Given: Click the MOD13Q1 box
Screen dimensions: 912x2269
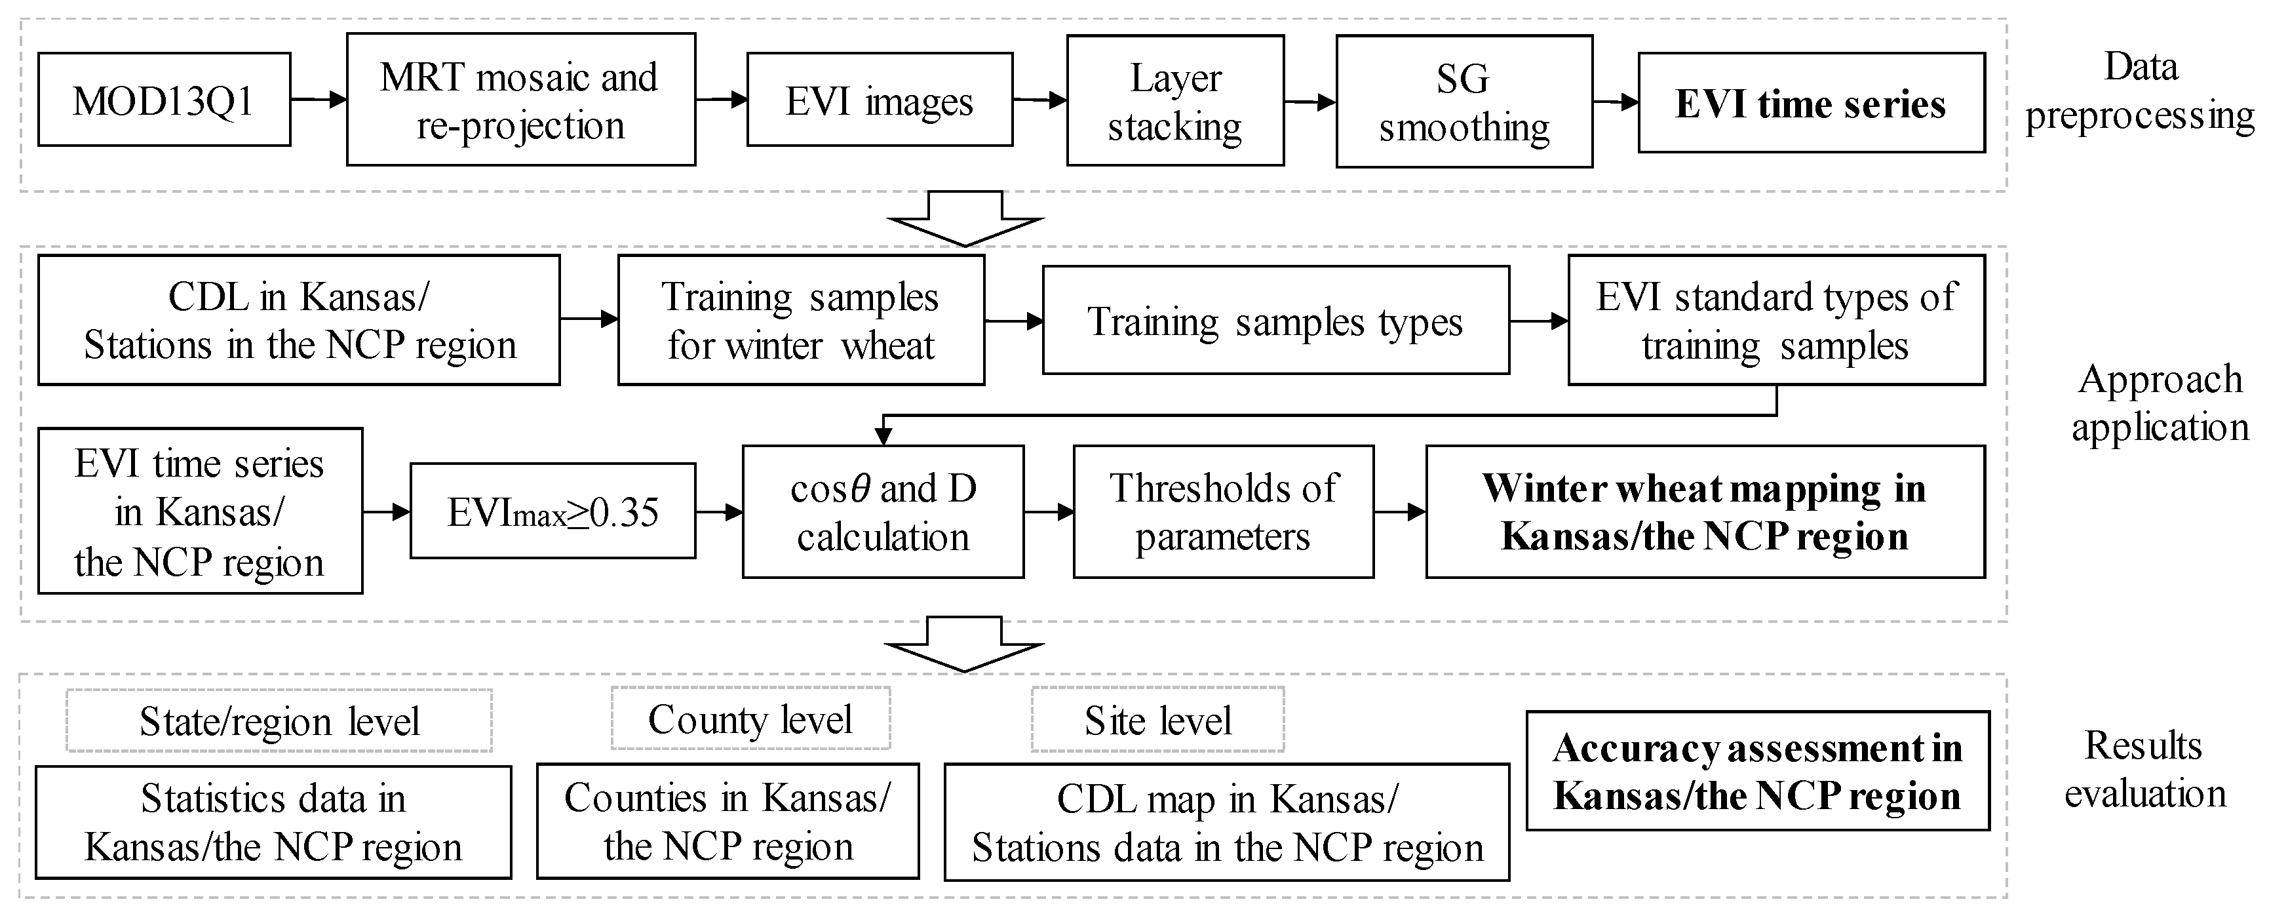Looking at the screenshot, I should click(x=164, y=100).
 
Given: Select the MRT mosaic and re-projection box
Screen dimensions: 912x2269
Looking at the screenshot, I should click(x=520, y=100).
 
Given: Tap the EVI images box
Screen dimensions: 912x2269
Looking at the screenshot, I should click(x=879, y=100).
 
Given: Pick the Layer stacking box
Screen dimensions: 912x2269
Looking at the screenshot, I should click(x=1175, y=100).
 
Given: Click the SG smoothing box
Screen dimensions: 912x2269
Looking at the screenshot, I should click(x=1464, y=102).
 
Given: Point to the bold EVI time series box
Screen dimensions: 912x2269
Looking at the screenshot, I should click(x=1811, y=103).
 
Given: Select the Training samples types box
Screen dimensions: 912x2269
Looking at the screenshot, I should click(x=1275, y=321).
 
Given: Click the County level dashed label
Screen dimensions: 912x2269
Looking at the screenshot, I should click(x=750, y=719).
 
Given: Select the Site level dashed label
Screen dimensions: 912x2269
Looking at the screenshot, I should click(x=1157, y=720).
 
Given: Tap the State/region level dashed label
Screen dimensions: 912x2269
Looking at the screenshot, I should click(x=279, y=721).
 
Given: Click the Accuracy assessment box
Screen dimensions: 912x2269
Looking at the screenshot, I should click(x=1757, y=771).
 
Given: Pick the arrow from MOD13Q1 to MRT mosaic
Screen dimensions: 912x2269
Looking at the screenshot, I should click(x=318, y=100).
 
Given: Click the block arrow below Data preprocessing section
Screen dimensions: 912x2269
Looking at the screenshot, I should click(x=965, y=218).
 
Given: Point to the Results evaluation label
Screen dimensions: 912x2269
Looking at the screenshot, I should click(x=2145, y=769).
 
